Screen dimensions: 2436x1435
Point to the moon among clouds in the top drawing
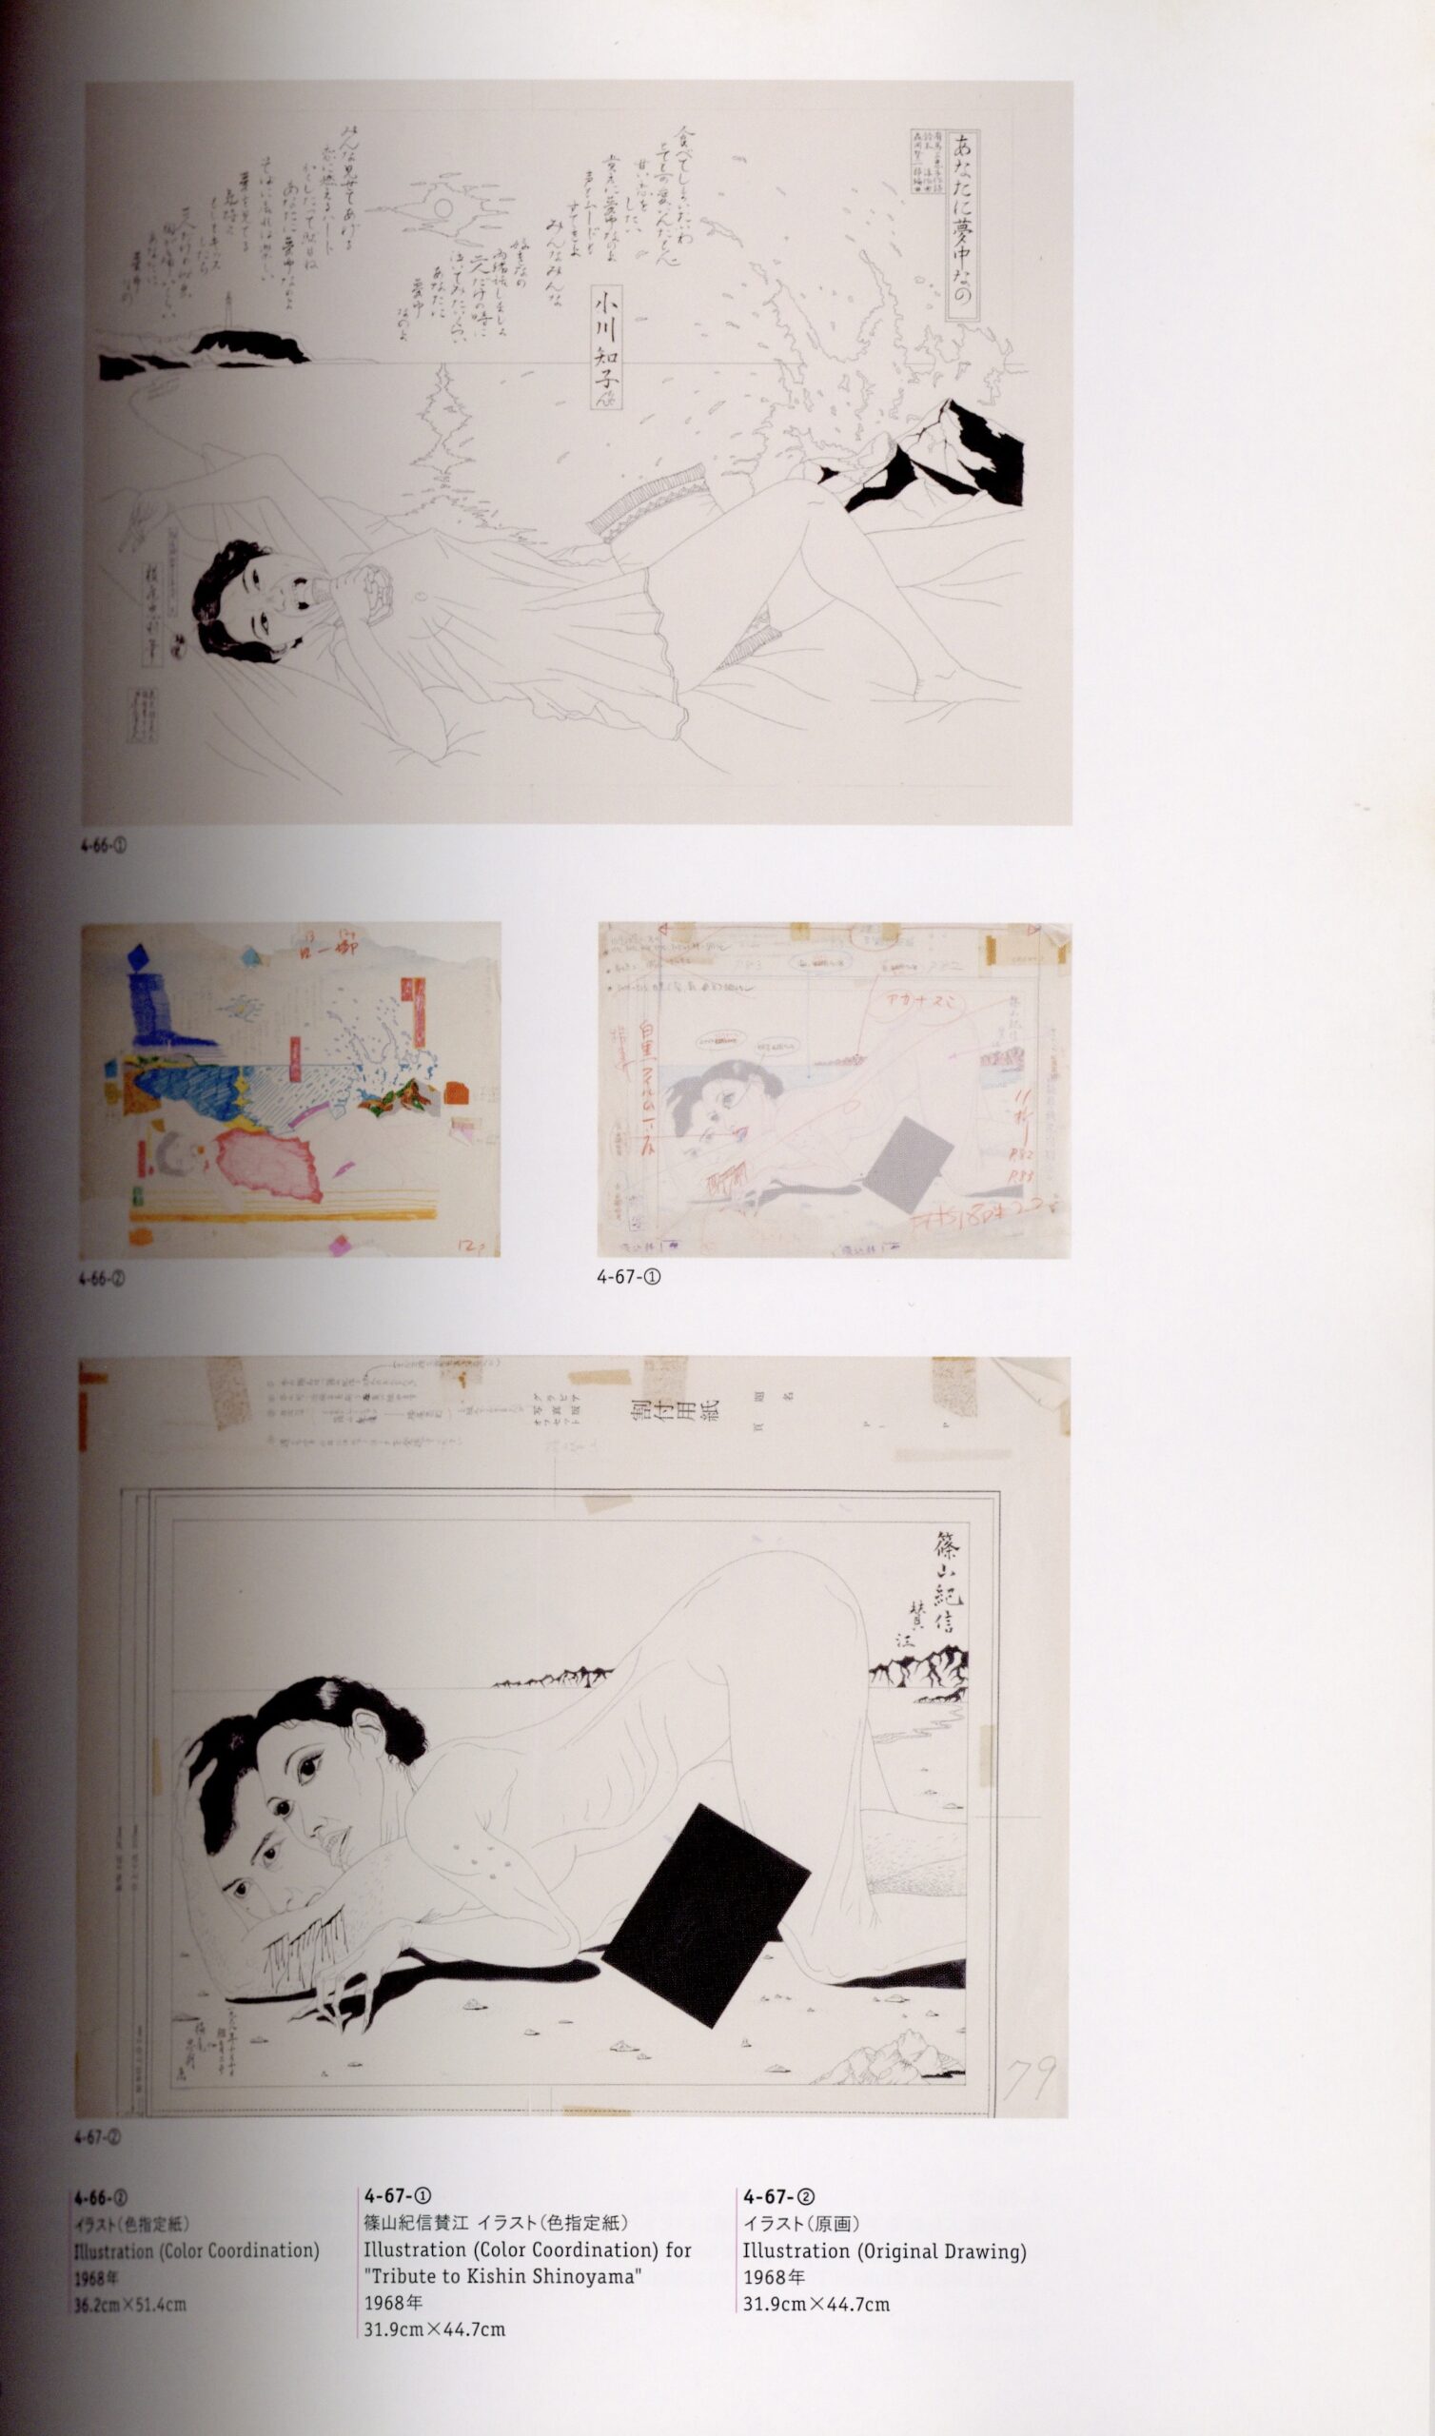[441, 209]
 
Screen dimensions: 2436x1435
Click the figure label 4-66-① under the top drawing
[104, 846]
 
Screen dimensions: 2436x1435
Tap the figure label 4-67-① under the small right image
[629, 1277]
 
